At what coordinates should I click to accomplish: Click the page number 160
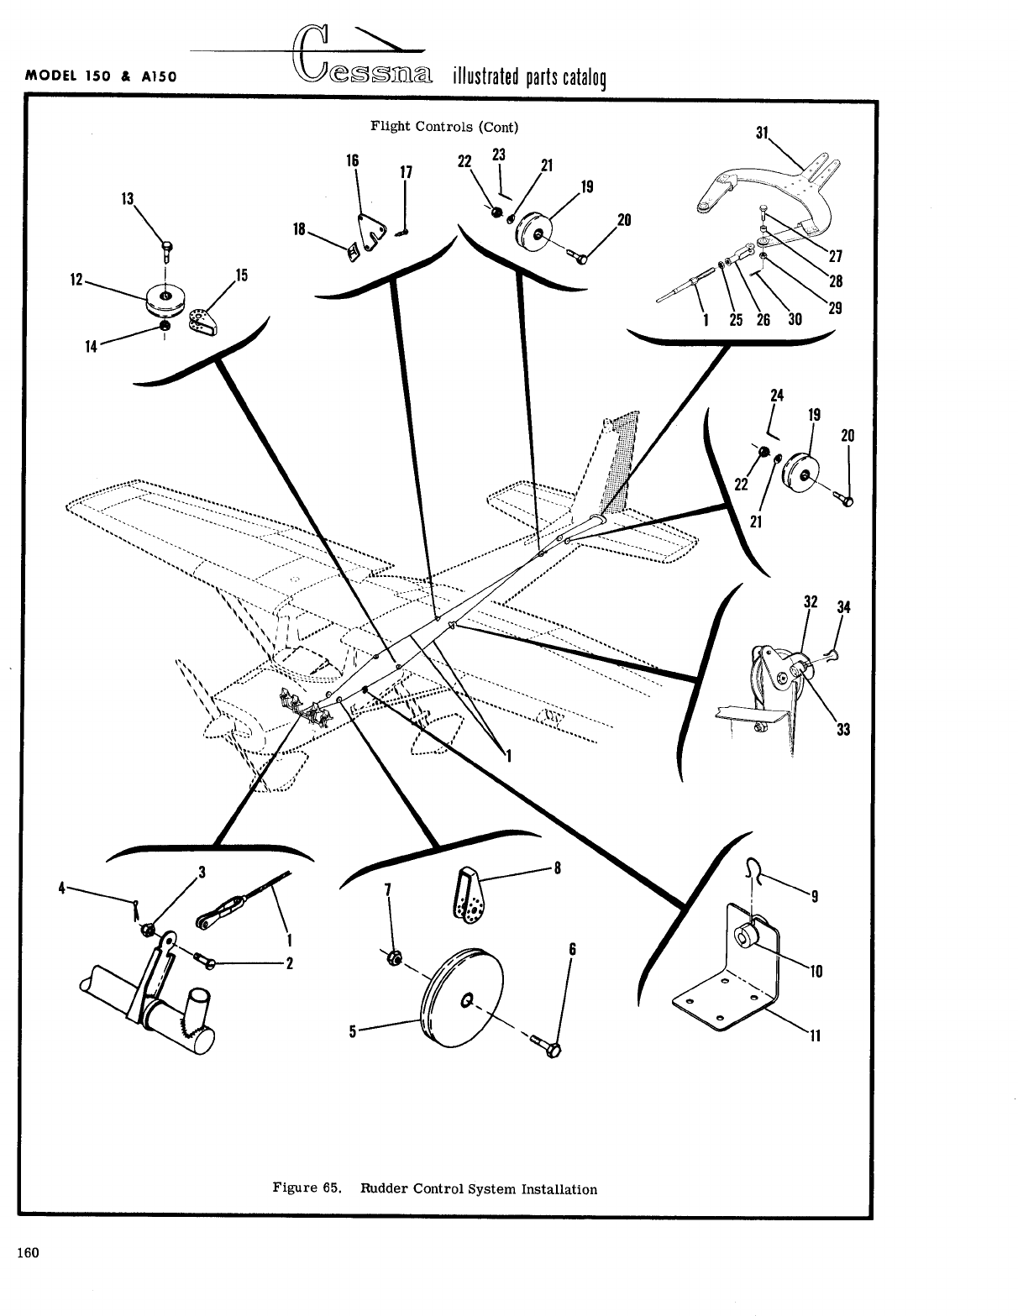point(28,1253)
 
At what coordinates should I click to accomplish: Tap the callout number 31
point(763,133)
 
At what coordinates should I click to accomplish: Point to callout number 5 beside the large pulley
point(354,1030)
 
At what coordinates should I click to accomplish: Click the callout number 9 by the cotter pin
point(812,896)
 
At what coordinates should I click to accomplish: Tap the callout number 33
point(843,730)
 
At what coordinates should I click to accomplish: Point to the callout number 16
point(353,160)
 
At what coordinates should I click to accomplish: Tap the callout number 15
point(241,275)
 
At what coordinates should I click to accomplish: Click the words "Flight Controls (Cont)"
point(444,127)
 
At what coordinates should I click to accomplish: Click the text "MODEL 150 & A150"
point(100,75)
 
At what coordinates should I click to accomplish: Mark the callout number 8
point(556,868)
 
